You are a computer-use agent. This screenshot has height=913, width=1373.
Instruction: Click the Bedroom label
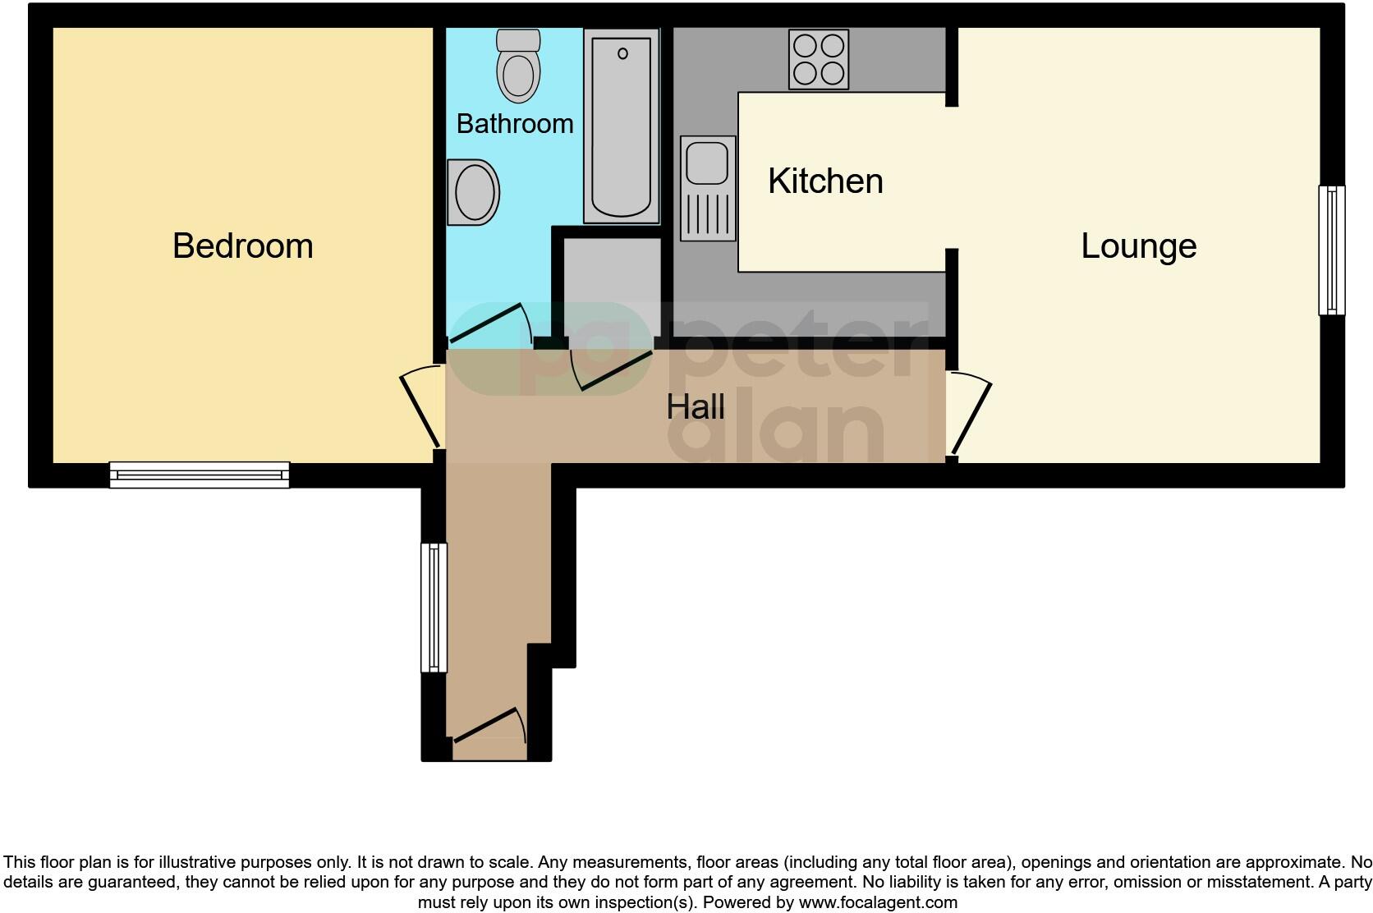pyautogui.click(x=242, y=245)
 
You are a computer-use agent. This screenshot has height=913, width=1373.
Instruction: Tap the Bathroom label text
pyautogui.click(x=515, y=123)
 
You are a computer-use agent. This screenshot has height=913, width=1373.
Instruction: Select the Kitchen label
pyautogui.click(x=825, y=181)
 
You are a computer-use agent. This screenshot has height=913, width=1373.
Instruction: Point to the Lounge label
pyautogui.click(x=1138, y=245)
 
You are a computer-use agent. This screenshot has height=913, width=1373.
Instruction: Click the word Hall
pyautogui.click(x=696, y=406)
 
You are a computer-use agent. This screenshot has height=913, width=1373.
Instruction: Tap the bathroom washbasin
pyautogui.click(x=474, y=192)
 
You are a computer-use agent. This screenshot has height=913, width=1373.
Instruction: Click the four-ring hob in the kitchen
pyautogui.click(x=819, y=59)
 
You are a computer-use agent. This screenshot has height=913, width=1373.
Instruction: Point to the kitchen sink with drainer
pyautogui.click(x=708, y=189)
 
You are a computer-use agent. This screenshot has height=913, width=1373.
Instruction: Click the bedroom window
pyautogui.click(x=200, y=475)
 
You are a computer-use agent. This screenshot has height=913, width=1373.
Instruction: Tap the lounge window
pyautogui.click(x=1331, y=250)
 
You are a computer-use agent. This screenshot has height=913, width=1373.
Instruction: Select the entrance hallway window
pyautogui.click(x=434, y=608)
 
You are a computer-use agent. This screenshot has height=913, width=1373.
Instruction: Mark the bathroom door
pyautogui.click(x=488, y=323)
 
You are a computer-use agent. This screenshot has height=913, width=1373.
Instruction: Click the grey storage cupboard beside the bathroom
pyautogui.click(x=612, y=283)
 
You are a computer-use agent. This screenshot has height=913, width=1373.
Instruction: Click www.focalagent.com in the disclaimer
pyautogui.click(x=878, y=902)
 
